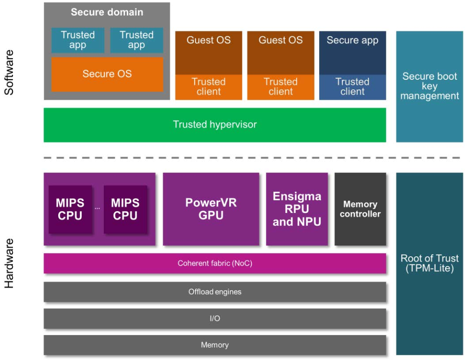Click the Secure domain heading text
click(x=107, y=12)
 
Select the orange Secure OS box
click(x=107, y=74)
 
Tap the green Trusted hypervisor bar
click(x=215, y=125)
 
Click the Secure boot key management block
click(x=429, y=86)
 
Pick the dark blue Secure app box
click(x=352, y=53)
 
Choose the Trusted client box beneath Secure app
click(x=352, y=87)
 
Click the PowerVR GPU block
click(x=211, y=209)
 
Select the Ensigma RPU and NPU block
click(x=297, y=209)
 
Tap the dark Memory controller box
click(x=360, y=209)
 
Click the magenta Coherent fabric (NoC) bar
click(x=215, y=264)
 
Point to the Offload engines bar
click(x=215, y=292)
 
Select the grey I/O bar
click(x=215, y=319)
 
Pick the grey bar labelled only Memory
click(x=215, y=345)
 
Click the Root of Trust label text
click(x=429, y=259)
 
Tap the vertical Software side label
click(x=9, y=72)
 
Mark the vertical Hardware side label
click(x=9, y=263)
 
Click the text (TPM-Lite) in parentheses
click(x=429, y=268)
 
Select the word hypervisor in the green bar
click(x=233, y=125)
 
